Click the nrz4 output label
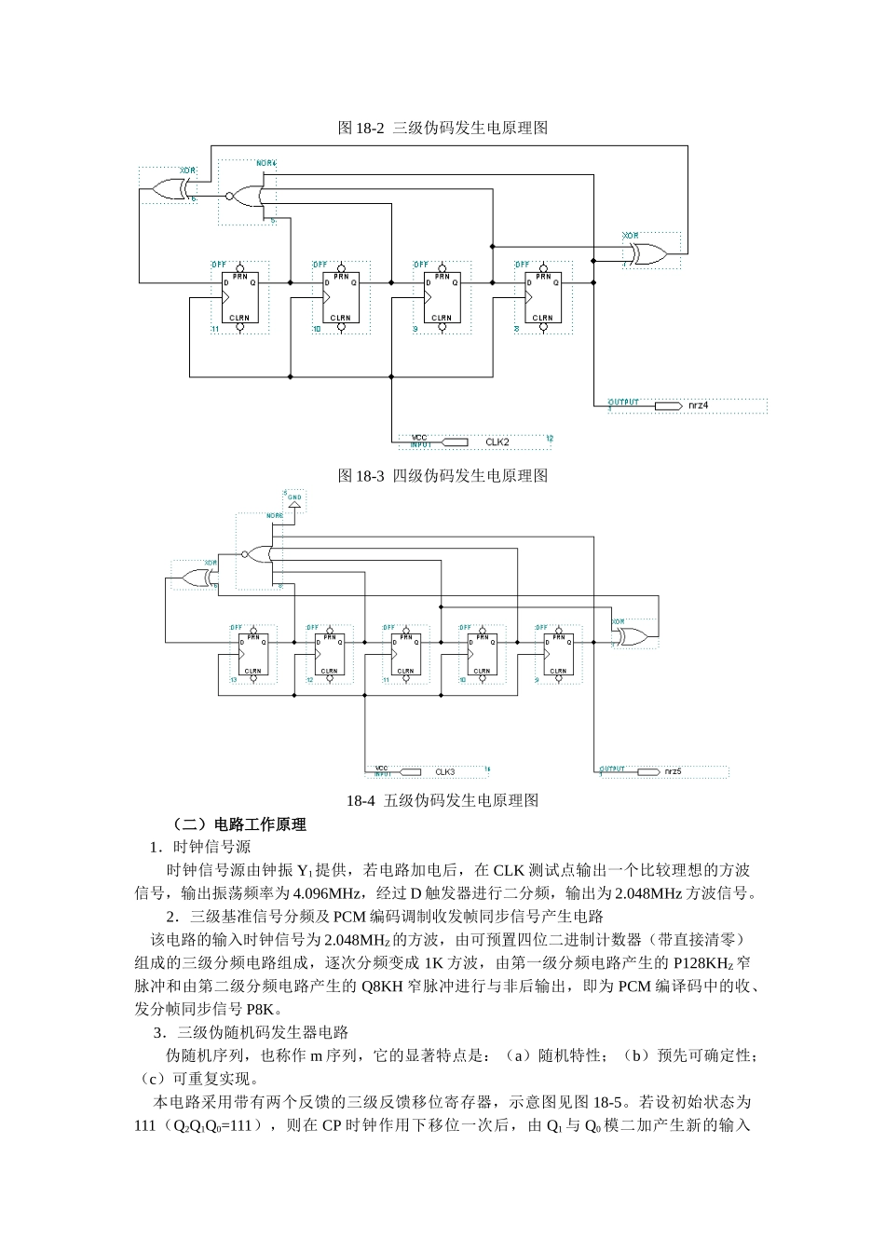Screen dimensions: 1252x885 point(699,406)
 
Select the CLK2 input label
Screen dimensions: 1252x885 point(497,442)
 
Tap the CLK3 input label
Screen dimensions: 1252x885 point(445,772)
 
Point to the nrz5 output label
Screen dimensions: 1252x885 point(673,772)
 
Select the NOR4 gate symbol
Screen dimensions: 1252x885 point(247,196)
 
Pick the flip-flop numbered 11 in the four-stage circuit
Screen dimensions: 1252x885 point(240,298)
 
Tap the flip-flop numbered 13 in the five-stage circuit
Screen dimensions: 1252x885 point(252,655)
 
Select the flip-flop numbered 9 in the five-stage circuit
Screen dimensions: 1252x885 point(558,655)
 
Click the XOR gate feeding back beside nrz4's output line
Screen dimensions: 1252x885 point(645,253)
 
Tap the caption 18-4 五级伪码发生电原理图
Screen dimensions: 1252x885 point(442,800)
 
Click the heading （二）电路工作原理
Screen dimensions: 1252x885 point(238,824)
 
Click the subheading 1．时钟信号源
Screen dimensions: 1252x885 point(200,847)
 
